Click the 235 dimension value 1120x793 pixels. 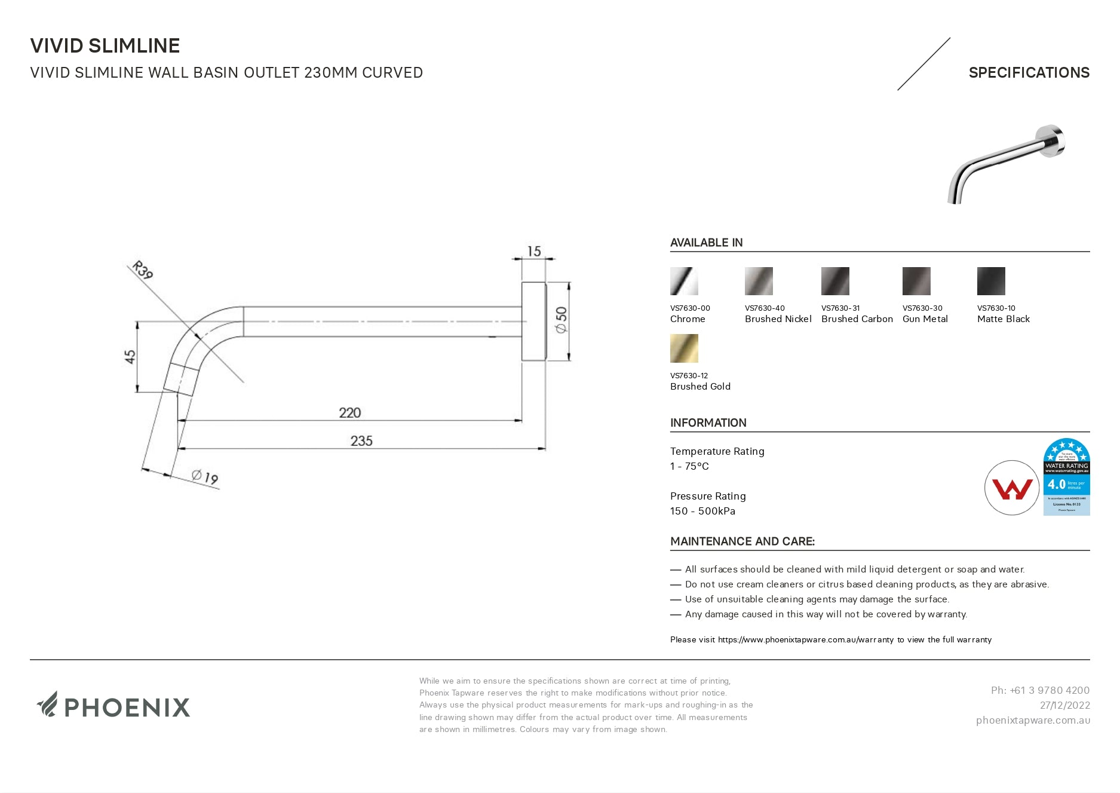click(361, 441)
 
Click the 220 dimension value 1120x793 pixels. click(350, 413)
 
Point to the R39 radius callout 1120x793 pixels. click(143, 270)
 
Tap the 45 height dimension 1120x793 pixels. click(130, 357)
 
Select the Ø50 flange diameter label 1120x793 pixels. click(561, 320)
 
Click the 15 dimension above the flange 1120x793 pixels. click(534, 252)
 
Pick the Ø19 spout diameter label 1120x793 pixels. click(205, 477)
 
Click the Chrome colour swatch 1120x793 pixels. click(684, 281)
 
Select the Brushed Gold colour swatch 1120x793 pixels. click(684, 348)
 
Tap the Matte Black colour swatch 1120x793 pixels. click(991, 281)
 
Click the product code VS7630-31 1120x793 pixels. click(840, 308)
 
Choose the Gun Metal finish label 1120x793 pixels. click(925, 319)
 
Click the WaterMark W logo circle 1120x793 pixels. click(1012, 488)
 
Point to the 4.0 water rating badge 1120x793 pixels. click(1066, 477)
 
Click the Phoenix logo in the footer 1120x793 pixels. click(113, 706)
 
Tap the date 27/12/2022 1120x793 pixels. click(1064, 705)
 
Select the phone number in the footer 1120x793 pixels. click(1040, 690)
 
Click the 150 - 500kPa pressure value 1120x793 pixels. click(702, 511)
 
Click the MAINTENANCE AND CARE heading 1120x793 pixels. click(742, 541)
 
